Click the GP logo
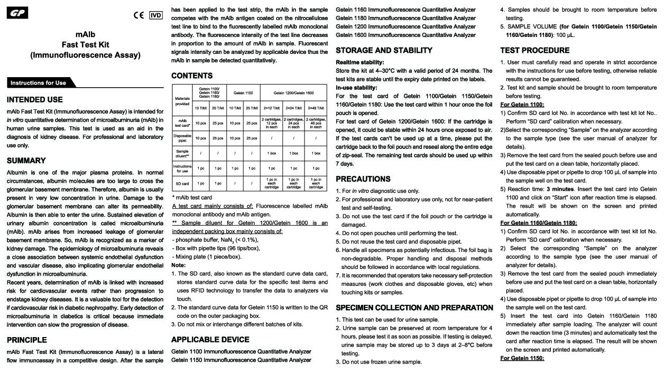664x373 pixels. click(17, 13)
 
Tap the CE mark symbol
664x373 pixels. click(139, 15)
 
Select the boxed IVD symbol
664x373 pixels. click(156, 15)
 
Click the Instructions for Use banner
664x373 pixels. click(39, 82)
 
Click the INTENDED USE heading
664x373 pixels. click(35, 99)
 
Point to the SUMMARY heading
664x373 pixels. click(26, 161)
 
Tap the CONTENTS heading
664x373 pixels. click(192, 76)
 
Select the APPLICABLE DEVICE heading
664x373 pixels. click(210, 339)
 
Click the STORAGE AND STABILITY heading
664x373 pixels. click(384, 51)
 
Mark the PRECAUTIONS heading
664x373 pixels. click(363, 179)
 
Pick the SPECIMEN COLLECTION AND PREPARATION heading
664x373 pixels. click(414, 307)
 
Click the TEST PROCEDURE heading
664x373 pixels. click(535, 51)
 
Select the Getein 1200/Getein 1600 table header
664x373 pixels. click(293, 92)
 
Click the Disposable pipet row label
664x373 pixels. click(182, 138)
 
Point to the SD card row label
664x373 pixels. click(182, 183)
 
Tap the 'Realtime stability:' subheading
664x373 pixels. click(360, 62)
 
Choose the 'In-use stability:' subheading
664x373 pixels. click(356, 88)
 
